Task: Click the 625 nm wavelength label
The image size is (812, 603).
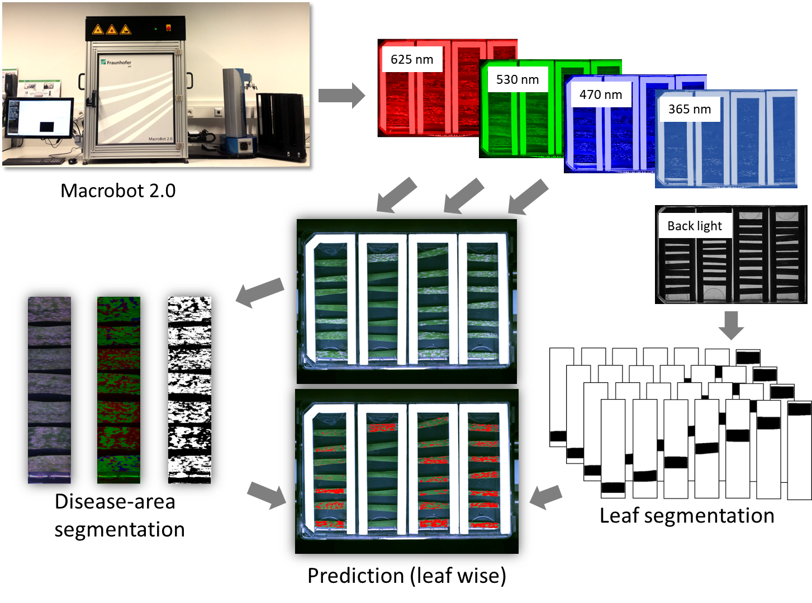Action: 412,59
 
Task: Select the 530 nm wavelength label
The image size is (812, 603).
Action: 517,79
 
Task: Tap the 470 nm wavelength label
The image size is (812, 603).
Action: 601,94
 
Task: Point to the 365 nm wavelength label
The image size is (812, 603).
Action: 690,109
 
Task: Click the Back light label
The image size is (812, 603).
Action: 695,226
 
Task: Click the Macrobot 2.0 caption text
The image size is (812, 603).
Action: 118,191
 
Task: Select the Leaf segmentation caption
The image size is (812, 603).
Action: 687,516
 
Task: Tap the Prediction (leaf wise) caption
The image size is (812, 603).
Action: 407,576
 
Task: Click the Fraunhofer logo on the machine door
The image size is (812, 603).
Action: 116,63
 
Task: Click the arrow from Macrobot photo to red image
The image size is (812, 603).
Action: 341,96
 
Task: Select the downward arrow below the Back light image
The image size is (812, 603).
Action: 731,325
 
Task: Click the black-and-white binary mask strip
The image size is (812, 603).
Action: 189,390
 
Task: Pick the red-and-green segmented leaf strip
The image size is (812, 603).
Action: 118,390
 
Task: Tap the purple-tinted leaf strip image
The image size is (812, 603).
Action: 49,390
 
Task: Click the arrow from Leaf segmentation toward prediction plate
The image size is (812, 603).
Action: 545,497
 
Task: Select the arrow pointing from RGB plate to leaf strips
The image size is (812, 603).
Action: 259,292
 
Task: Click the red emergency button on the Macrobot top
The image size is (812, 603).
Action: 168,27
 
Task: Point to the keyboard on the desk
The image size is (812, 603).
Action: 34,161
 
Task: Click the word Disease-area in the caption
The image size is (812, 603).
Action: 115,502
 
